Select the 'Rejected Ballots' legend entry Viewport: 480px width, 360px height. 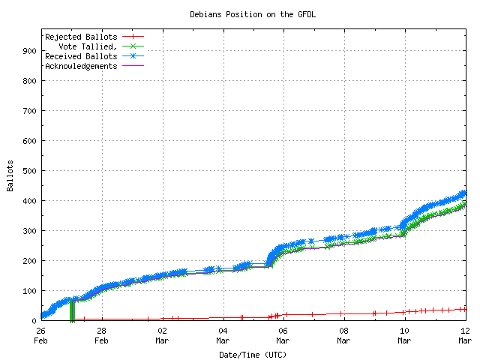click(81, 36)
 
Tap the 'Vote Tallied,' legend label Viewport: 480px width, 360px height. click(88, 46)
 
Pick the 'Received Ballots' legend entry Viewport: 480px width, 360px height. click(81, 55)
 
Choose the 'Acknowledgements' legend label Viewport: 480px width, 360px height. click(81, 65)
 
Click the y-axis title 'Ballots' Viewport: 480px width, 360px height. click(10, 175)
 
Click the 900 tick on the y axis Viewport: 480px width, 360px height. click(28, 51)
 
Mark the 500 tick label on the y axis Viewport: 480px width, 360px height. click(28, 171)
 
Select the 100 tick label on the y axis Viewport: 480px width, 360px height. click(28, 291)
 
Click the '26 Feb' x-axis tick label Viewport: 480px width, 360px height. click(40, 334)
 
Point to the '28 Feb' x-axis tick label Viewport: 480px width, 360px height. click(101, 334)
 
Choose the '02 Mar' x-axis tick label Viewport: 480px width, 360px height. click(162, 334)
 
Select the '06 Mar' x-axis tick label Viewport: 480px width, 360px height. click(283, 334)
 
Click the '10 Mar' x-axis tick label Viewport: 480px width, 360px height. click(405, 334)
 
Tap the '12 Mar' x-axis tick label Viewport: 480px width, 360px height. click(465, 334)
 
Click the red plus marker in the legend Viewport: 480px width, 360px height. click(132, 36)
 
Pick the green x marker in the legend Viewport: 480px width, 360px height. click(132, 46)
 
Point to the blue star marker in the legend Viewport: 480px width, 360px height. click(132, 55)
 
